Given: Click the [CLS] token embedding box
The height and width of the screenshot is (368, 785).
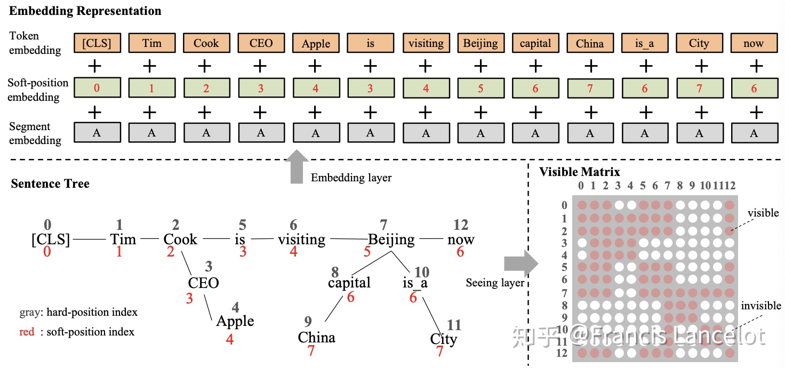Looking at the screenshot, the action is [98, 43].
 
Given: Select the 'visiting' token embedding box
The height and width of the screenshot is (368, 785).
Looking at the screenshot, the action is [426, 43].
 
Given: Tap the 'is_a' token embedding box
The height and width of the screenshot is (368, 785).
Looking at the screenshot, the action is [644, 43].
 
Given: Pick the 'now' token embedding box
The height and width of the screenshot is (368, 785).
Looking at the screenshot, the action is [754, 43].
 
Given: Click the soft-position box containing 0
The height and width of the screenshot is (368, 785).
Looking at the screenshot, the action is [98, 87].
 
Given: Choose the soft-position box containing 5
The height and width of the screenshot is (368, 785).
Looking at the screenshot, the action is [481, 87].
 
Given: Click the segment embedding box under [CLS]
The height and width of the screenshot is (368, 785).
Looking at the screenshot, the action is [98, 132].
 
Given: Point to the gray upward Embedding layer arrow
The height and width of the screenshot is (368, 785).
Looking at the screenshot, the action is [297, 166].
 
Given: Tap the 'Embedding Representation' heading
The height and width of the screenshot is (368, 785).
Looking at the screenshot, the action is [85, 11].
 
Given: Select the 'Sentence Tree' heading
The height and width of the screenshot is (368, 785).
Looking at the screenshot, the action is [50, 183].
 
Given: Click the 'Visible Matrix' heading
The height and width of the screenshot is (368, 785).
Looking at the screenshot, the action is [580, 172].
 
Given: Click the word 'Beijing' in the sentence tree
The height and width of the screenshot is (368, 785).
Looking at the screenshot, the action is [391, 239].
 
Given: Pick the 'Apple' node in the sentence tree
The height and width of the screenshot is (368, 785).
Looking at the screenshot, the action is [235, 321].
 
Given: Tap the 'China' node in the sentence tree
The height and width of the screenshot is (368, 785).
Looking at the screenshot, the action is [316, 337].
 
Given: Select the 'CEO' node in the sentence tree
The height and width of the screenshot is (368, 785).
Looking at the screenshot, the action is [203, 283].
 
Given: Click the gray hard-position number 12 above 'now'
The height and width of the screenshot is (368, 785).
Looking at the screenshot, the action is [461, 225].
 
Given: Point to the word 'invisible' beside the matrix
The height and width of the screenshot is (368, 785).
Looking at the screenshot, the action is [761, 306].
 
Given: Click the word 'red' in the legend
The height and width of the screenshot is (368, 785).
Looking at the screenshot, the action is [27, 332].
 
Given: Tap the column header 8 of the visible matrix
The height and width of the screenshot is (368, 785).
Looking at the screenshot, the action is [680, 186].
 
